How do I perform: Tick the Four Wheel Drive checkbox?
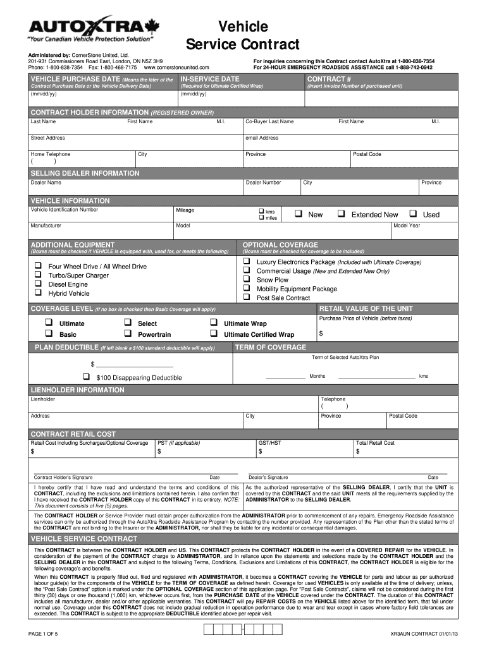tap(38, 266)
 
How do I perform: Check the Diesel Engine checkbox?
tap(38, 284)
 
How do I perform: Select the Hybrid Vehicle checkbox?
tap(38, 293)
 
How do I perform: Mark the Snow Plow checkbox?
tap(247, 279)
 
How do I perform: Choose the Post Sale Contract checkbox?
tap(247, 297)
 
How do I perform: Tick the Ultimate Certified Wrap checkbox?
tap(213, 334)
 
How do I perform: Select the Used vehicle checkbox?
tap(414, 214)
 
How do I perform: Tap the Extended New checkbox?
tap(342, 214)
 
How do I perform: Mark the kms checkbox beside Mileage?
tap(260, 210)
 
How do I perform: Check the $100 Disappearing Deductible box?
tap(86, 377)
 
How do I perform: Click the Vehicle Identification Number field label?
tap(65, 210)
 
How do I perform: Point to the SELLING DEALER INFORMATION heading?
tap(85, 173)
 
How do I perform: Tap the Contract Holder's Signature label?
tap(63, 478)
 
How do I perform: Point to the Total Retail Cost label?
tap(376, 443)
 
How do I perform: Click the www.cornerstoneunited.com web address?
tap(176, 67)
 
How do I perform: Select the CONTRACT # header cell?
tap(329, 78)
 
